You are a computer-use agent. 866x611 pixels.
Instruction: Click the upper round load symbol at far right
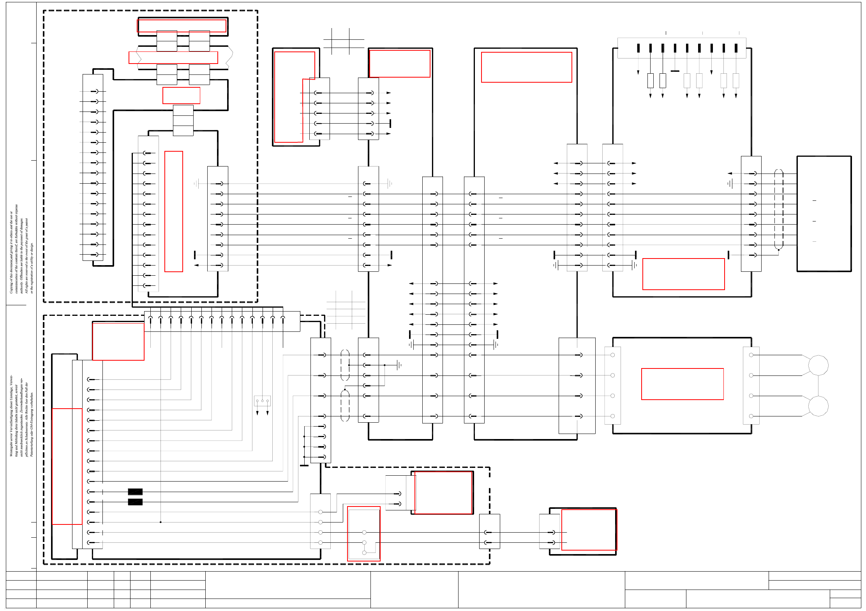[818, 365]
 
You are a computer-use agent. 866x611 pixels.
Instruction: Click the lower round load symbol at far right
[818, 406]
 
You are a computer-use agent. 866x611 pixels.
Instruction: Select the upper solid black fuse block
[135, 492]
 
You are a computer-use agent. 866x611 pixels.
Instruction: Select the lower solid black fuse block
[135, 502]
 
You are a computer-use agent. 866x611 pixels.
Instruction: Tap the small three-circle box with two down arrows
[262, 401]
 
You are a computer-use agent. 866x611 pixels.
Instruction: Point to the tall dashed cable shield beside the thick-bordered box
[778, 209]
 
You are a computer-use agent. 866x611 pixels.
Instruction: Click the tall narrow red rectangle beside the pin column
[174, 211]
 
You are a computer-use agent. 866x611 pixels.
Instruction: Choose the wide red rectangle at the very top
[182, 26]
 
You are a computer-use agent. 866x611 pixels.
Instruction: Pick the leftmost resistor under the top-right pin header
[650, 81]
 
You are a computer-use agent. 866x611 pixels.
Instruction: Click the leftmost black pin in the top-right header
[638, 48]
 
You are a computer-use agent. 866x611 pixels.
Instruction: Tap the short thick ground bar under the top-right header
[675, 71]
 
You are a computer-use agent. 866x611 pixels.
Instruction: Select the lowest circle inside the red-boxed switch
[364, 553]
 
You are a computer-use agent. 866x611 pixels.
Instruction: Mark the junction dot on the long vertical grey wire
[161, 522]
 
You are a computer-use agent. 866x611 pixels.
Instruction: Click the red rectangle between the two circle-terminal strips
[683, 384]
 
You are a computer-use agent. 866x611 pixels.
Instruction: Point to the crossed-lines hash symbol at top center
[343, 41]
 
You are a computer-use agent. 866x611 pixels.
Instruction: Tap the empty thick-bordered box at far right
[824, 214]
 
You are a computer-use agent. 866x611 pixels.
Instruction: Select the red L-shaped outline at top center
[294, 97]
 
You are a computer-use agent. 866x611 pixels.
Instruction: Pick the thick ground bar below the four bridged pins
[304, 465]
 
